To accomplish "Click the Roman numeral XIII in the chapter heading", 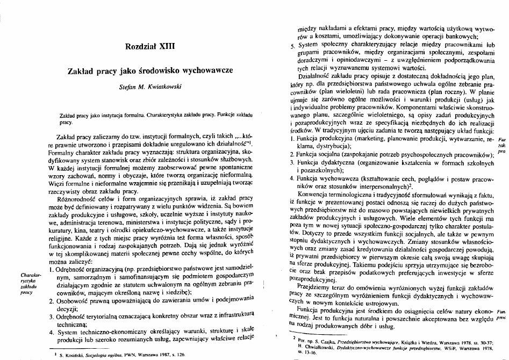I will [x=166, y=47].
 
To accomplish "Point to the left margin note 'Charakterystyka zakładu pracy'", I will [x=27, y=280].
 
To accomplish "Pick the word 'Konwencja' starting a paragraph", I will [x=322, y=194].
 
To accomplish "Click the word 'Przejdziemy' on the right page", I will [x=325, y=286].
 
